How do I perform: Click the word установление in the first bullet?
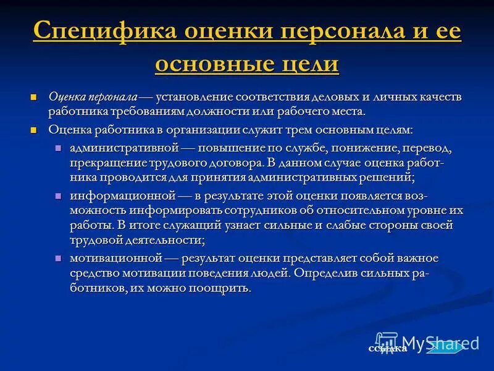point(194,97)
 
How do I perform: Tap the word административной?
point(124,149)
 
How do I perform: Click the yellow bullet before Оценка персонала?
point(35,97)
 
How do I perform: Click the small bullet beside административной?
point(59,149)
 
